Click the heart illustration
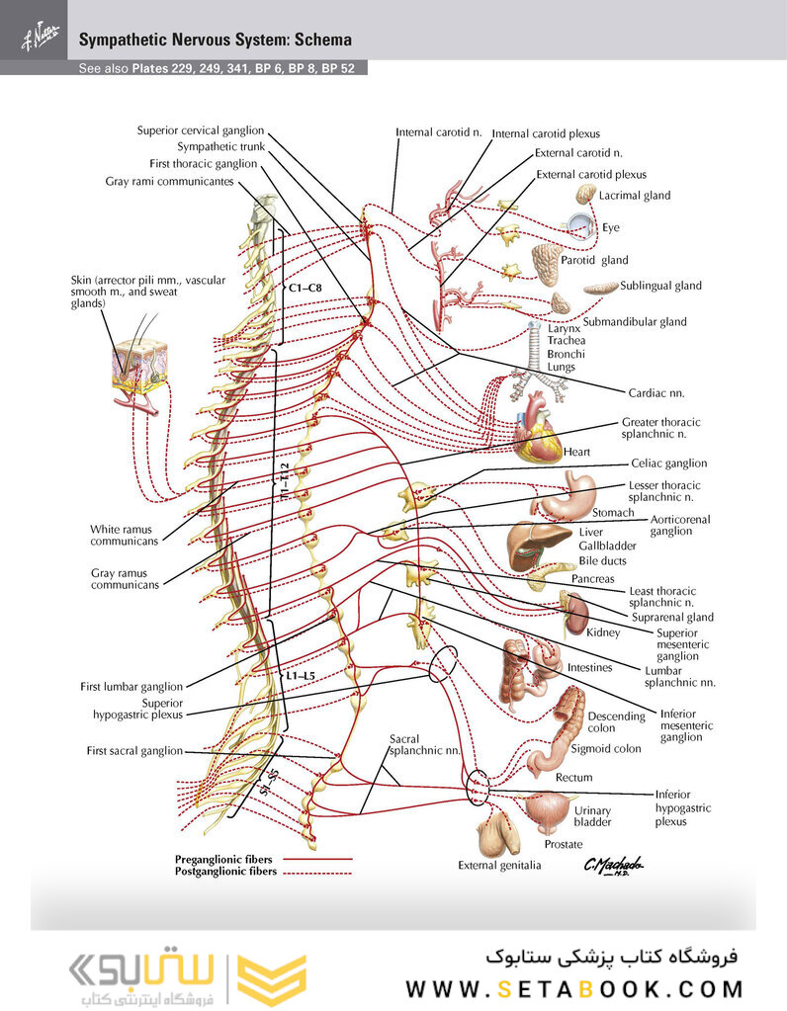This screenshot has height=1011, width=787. click(x=537, y=427)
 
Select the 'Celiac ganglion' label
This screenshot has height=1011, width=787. click(x=669, y=463)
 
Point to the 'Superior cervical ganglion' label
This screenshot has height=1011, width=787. click(x=201, y=129)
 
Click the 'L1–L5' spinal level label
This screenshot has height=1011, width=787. click(x=302, y=676)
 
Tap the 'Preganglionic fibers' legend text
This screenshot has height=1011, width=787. click(x=223, y=860)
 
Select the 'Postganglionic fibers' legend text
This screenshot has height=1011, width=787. click(x=225, y=873)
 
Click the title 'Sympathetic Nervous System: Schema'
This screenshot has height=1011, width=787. click(x=215, y=41)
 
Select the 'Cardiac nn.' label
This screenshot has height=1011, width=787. click(x=656, y=392)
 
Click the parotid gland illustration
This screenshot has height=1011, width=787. click(x=545, y=264)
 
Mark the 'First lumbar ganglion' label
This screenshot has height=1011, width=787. click(x=131, y=686)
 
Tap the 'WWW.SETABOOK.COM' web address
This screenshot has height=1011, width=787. click(x=574, y=988)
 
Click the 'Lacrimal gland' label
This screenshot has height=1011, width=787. click(x=635, y=196)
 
